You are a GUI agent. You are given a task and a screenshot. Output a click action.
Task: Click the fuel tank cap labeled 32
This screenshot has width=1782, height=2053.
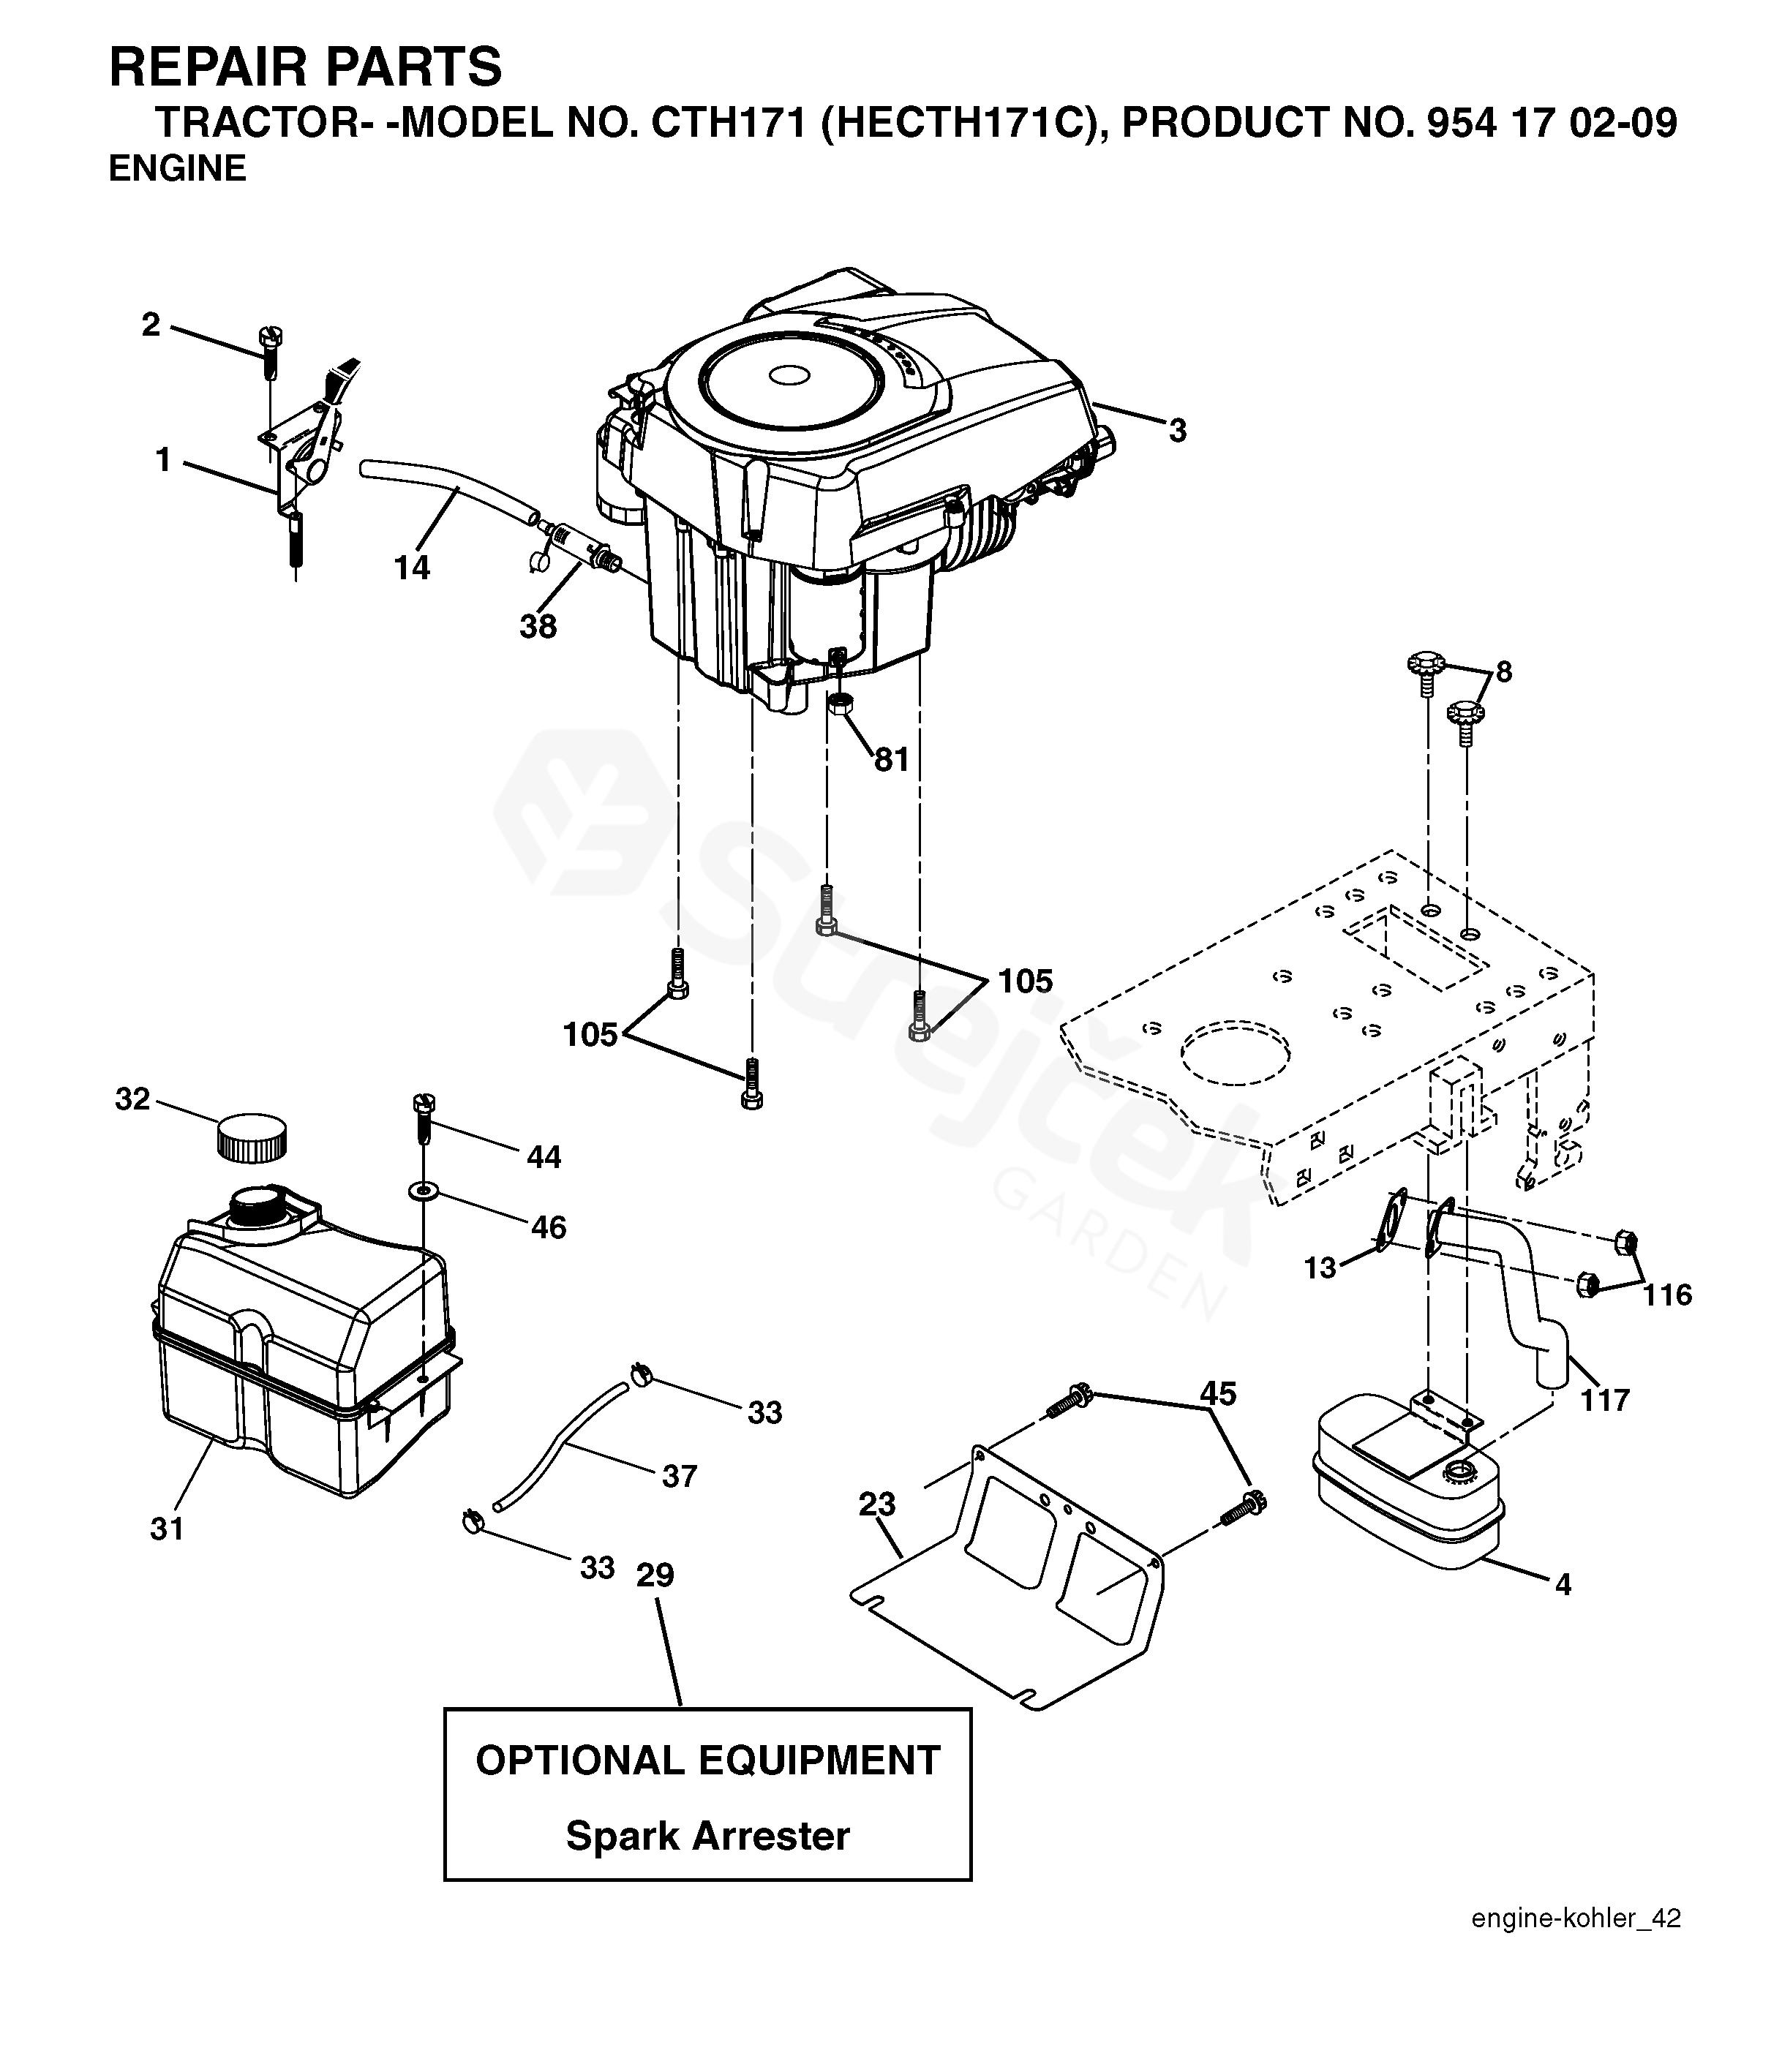click(252, 1137)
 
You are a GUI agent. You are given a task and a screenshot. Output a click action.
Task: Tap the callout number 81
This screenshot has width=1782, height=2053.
click(891, 760)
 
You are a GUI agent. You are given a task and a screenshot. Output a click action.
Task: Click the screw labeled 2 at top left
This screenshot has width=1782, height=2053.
click(269, 352)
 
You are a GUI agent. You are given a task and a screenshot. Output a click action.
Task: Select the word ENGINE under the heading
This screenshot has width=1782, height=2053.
click(177, 169)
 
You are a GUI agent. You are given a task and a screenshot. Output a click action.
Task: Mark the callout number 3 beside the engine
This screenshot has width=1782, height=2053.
click(1178, 431)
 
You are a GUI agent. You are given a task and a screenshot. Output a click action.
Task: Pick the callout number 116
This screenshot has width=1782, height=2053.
click(1666, 1295)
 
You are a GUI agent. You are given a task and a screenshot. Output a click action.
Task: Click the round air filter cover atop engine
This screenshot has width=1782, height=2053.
click(791, 377)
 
